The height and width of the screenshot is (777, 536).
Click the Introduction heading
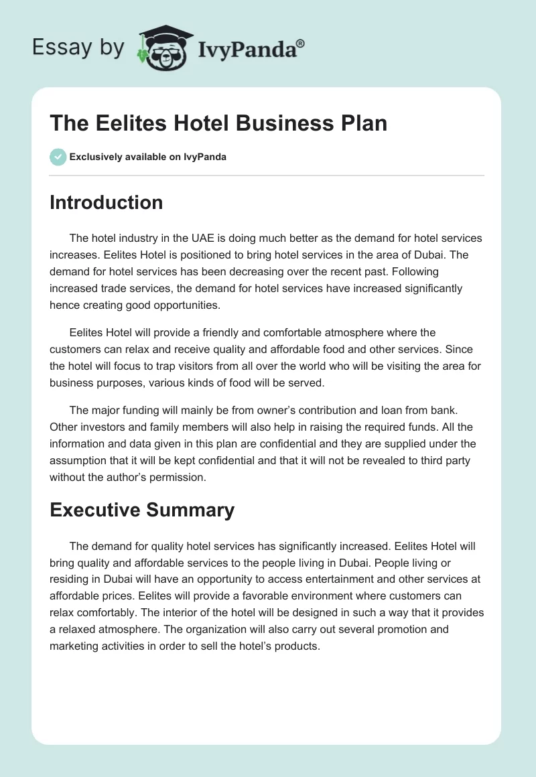[x=106, y=202]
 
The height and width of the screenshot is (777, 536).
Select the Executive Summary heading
[x=142, y=510]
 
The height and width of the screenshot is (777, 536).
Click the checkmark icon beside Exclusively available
[x=58, y=157]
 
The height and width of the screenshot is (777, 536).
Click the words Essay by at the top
[x=78, y=48]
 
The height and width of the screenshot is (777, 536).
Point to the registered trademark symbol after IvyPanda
[x=301, y=44]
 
